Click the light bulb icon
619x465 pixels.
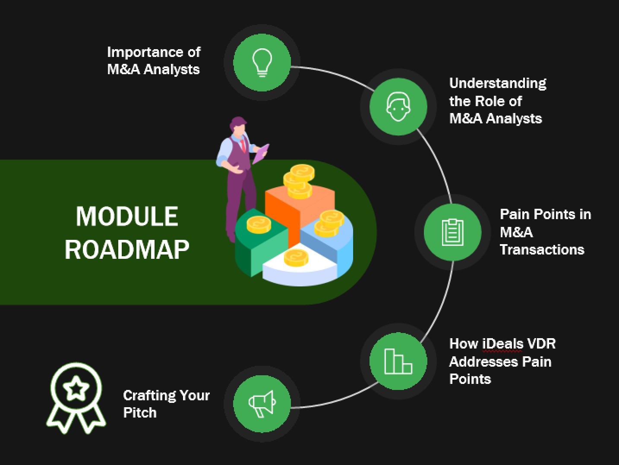[x=262, y=62]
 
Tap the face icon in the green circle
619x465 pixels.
[x=398, y=106]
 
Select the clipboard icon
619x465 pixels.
[x=452, y=232]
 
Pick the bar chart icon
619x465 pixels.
[x=398, y=361]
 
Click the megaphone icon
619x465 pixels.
[x=262, y=404]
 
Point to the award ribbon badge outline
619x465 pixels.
[x=76, y=397]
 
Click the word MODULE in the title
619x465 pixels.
[x=127, y=216]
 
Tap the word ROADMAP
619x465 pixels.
[x=127, y=250]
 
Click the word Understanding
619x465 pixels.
[x=498, y=83]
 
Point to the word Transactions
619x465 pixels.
[x=542, y=250]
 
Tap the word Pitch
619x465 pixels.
[x=139, y=413]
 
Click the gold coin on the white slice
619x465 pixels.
[x=296, y=258]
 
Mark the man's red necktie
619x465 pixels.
[x=243, y=144]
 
